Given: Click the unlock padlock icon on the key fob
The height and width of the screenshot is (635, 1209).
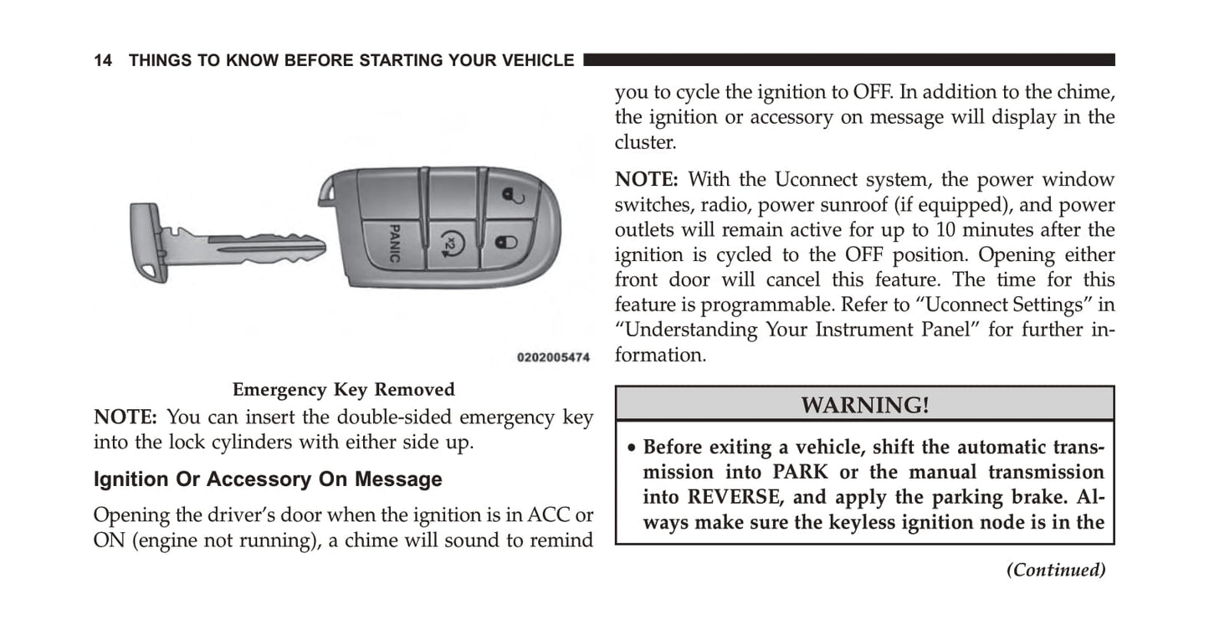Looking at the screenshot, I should (x=510, y=197).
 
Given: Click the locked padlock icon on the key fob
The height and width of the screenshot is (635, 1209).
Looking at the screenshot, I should (x=503, y=243).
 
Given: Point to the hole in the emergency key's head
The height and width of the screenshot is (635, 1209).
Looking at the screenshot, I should (x=147, y=273).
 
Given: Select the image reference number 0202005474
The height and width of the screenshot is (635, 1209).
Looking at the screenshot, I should (x=553, y=357).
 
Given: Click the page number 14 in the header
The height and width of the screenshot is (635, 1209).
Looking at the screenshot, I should (x=103, y=60).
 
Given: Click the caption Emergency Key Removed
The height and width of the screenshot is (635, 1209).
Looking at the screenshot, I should (x=343, y=390).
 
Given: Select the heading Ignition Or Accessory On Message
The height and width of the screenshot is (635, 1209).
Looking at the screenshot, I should (x=268, y=479).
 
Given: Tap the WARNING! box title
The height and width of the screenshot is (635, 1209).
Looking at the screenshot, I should (x=864, y=405).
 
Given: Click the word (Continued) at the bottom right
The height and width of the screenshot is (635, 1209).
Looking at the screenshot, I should (x=1055, y=570).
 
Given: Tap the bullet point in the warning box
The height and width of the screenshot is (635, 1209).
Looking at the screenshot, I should (x=633, y=448).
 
